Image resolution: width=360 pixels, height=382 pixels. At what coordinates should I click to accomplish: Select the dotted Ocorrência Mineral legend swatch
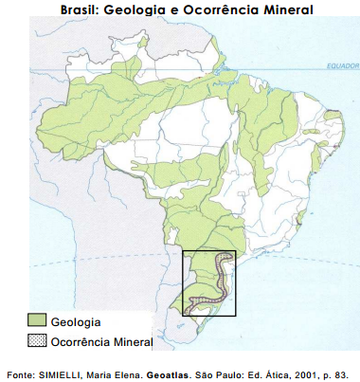(x=37, y=340)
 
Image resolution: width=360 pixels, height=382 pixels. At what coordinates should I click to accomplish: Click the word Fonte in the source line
(x=22, y=371)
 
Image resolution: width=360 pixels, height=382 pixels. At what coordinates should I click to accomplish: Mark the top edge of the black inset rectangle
(x=208, y=250)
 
